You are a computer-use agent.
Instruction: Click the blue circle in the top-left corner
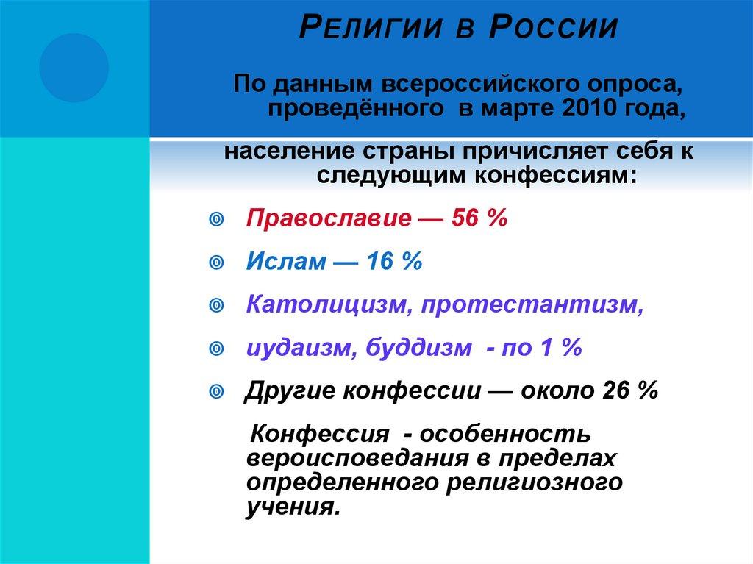(x=74, y=68)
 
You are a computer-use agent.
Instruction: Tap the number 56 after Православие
(x=466, y=218)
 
